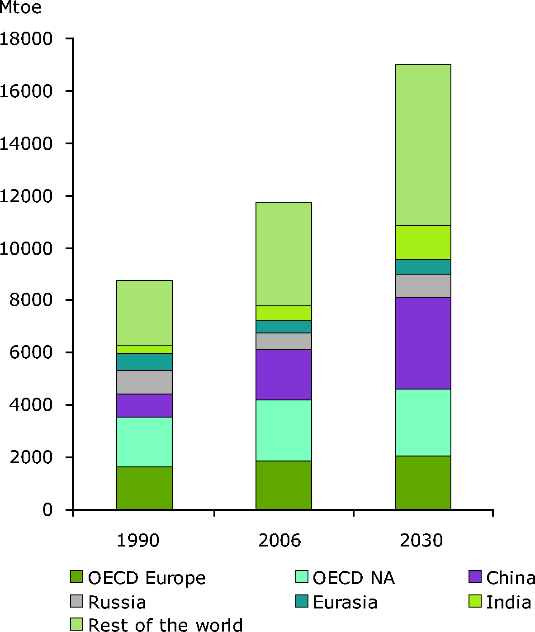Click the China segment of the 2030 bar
click(x=423, y=343)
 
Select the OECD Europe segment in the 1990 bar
click(x=144, y=488)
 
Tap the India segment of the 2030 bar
click(x=423, y=242)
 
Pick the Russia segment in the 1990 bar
click(x=144, y=382)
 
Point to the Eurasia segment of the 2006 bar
click(x=284, y=327)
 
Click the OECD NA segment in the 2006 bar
click(x=284, y=430)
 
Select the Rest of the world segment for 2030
click(x=423, y=145)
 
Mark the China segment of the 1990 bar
click(x=144, y=405)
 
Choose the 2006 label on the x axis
click(x=279, y=541)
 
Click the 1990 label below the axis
click(x=138, y=541)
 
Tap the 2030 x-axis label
click(x=421, y=541)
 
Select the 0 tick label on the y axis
click(x=47, y=510)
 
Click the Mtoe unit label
click(x=21, y=8)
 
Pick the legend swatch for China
click(x=474, y=577)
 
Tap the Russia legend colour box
click(x=77, y=601)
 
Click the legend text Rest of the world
click(x=165, y=625)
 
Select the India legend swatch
click(x=474, y=601)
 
